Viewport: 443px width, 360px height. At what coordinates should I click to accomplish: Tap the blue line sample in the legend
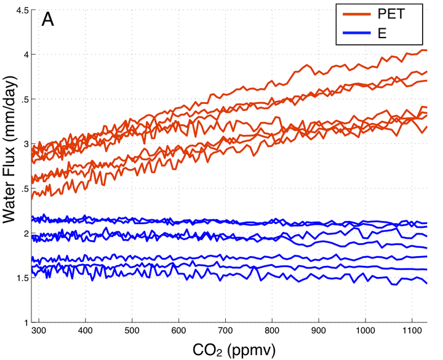click(x=353, y=33)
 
